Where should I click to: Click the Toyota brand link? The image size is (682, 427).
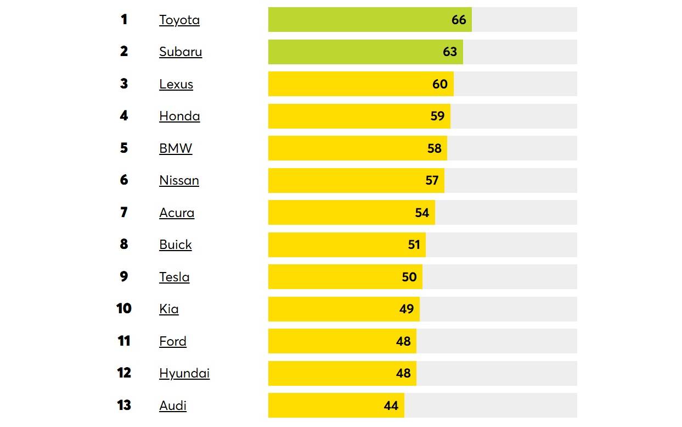(x=179, y=20)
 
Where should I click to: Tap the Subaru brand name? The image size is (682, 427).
(x=181, y=52)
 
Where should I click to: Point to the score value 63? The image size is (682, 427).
(x=449, y=52)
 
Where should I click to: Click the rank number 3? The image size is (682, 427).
(x=124, y=84)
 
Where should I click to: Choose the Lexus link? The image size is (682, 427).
(x=176, y=84)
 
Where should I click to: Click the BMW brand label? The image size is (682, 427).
(x=176, y=148)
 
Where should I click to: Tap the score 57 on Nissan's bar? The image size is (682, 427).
(x=432, y=180)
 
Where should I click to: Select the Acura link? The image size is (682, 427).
(x=177, y=213)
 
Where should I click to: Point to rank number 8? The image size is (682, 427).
(x=124, y=245)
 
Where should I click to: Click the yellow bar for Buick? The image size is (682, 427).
(x=346, y=245)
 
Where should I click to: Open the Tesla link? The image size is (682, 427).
(x=174, y=277)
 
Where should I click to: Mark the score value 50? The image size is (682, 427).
(x=409, y=277)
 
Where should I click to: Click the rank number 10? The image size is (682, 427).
(x=124, y=309)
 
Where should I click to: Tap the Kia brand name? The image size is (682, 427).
(x=169, y=309)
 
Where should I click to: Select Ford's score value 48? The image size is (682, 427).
(x=403, y=341)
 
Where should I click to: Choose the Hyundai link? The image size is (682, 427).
(x=184, y=373)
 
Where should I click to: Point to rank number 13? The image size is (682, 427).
(x=124, y=406)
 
